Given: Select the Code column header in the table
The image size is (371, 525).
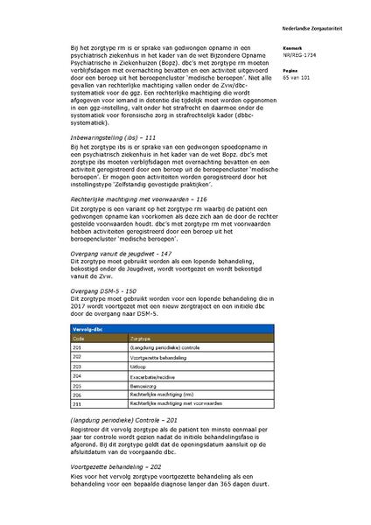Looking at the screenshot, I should [78, 338].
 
